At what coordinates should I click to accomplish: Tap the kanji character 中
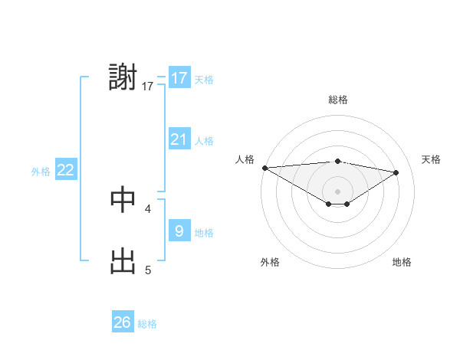123,198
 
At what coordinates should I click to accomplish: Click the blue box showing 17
179,78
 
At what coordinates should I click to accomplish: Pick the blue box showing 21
179,139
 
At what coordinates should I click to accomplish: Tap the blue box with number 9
179,231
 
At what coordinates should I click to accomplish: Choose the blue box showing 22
66,170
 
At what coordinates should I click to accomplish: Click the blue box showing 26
123,322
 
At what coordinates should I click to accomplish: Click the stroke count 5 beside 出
148,270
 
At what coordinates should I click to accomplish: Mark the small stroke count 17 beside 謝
148,87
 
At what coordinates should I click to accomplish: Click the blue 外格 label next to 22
41,172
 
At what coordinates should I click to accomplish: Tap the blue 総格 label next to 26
147,324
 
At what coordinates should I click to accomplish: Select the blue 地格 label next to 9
204,233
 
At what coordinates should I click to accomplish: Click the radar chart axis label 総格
337,100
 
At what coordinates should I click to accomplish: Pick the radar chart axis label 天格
431,159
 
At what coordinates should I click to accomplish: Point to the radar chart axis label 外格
270,262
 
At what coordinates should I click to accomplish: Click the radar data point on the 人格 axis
264,168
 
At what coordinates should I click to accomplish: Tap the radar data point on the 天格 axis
396,172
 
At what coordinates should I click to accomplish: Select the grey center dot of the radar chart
337,191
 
